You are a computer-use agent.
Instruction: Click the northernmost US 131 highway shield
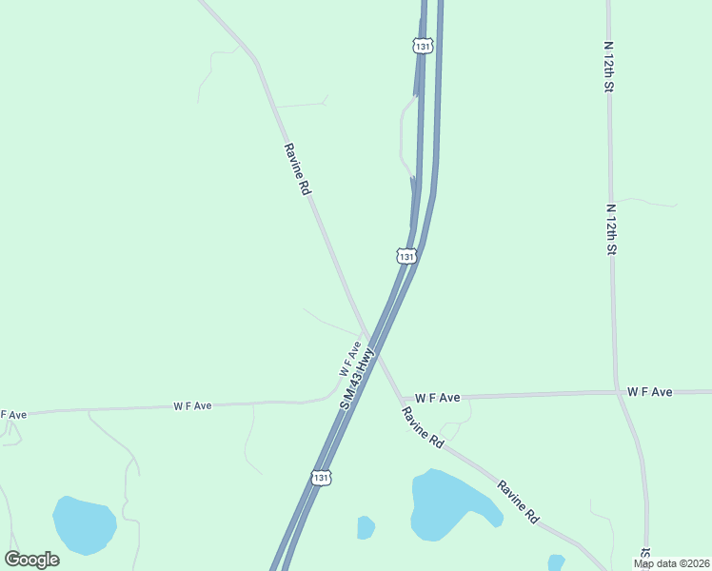click(x=422, y=45)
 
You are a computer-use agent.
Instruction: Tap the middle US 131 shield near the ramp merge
click(x=406, y=256)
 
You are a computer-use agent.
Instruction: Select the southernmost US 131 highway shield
click(x=323, y=478)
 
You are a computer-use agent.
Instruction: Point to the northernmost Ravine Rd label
click(x=297, y=169)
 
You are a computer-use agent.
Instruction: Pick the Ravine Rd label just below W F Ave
click(x=423, y=428)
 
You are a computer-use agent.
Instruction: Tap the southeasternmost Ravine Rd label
click(x=518, y=502)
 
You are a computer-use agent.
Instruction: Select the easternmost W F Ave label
click(x=650, y=392)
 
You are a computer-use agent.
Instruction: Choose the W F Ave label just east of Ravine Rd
click(x=437, y=397)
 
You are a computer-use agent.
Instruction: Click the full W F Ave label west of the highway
click(x=192, y=405)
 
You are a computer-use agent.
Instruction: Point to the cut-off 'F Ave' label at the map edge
click(x=12, y=415)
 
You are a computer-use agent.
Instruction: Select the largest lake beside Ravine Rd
click(x=447, y=502)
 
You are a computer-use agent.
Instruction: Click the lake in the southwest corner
click(x=84, y=524)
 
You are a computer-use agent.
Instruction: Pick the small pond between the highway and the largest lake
click(x=366, y=526)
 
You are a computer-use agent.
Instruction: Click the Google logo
click(x=31, y=560)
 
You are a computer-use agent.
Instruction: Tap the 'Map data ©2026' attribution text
click(x=671, y=563)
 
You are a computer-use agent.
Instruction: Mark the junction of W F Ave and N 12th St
click(x=617, y=392)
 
